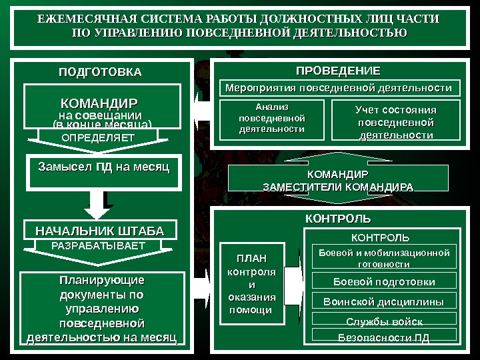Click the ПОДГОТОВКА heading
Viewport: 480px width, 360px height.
click(100, 71)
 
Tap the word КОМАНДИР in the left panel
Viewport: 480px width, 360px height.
click(99, 104)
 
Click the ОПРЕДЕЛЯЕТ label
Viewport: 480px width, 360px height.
click(98, 137)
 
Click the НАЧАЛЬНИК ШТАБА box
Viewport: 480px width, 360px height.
click(99, 231)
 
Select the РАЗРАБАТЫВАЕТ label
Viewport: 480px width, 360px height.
click(98, 246)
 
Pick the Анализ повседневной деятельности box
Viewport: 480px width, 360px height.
click(271, 118)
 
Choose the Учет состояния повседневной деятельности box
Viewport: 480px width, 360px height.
click(395, 121)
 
